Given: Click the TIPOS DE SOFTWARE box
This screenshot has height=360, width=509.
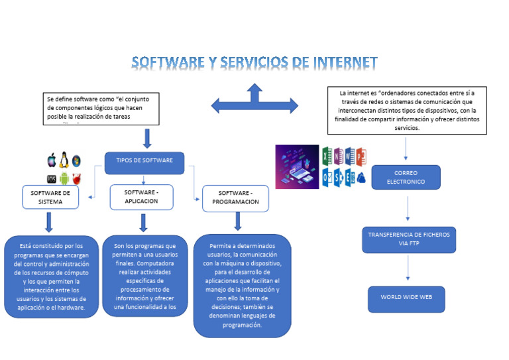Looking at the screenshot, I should point(144,161).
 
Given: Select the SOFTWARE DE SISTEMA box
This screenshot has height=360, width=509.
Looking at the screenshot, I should point(50,197).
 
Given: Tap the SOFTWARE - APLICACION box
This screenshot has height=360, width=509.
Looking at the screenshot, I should point(141,196).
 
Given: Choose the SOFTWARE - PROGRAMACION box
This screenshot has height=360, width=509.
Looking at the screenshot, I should point(236,198).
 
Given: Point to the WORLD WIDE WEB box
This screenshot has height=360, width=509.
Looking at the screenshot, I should point(406,298).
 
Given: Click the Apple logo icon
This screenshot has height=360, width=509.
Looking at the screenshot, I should point(52,160).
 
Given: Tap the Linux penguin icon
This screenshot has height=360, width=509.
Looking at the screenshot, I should point(64,159).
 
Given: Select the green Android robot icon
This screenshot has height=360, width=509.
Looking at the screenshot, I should point(64,178).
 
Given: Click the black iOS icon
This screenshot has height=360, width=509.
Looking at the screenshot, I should point(51,178).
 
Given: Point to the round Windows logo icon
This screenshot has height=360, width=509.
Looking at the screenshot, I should point(76,160).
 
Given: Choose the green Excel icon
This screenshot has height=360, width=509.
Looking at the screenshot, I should point(327,156).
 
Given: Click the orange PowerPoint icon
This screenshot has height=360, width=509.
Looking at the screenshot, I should point(361,156).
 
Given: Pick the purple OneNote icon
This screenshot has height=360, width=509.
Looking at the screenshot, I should point(338,156).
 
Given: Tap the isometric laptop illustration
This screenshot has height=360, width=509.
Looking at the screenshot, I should point(296,167).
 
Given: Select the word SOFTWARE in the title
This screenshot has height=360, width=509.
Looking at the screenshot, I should point(168,63).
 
